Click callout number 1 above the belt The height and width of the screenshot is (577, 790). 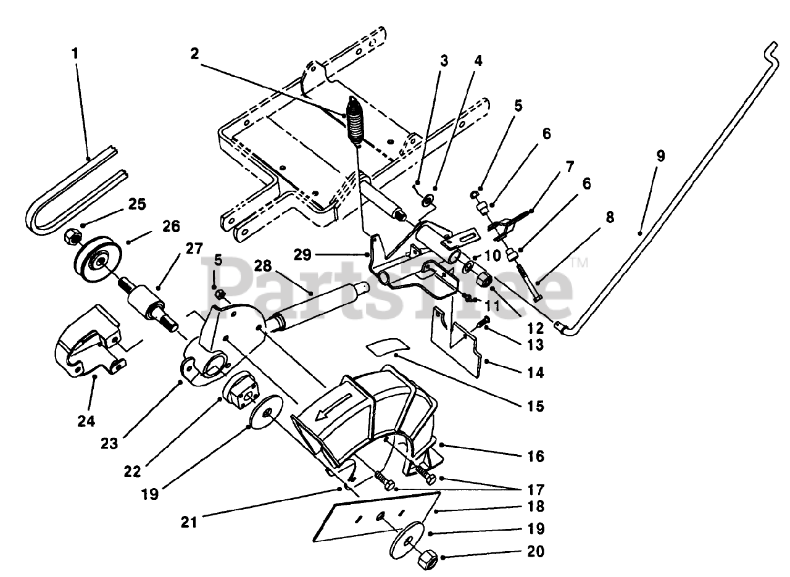[x=75, y=53]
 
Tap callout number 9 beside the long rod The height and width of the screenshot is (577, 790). [x=660, y=156]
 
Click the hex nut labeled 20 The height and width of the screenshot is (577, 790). [x=427, y=560]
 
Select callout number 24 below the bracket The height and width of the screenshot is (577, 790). [x=86, y=421]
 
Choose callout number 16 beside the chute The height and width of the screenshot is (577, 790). [x=536, y=457]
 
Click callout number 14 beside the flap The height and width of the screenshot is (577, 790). [x=536, y=373]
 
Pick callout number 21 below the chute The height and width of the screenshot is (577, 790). [x=189, y=522]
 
